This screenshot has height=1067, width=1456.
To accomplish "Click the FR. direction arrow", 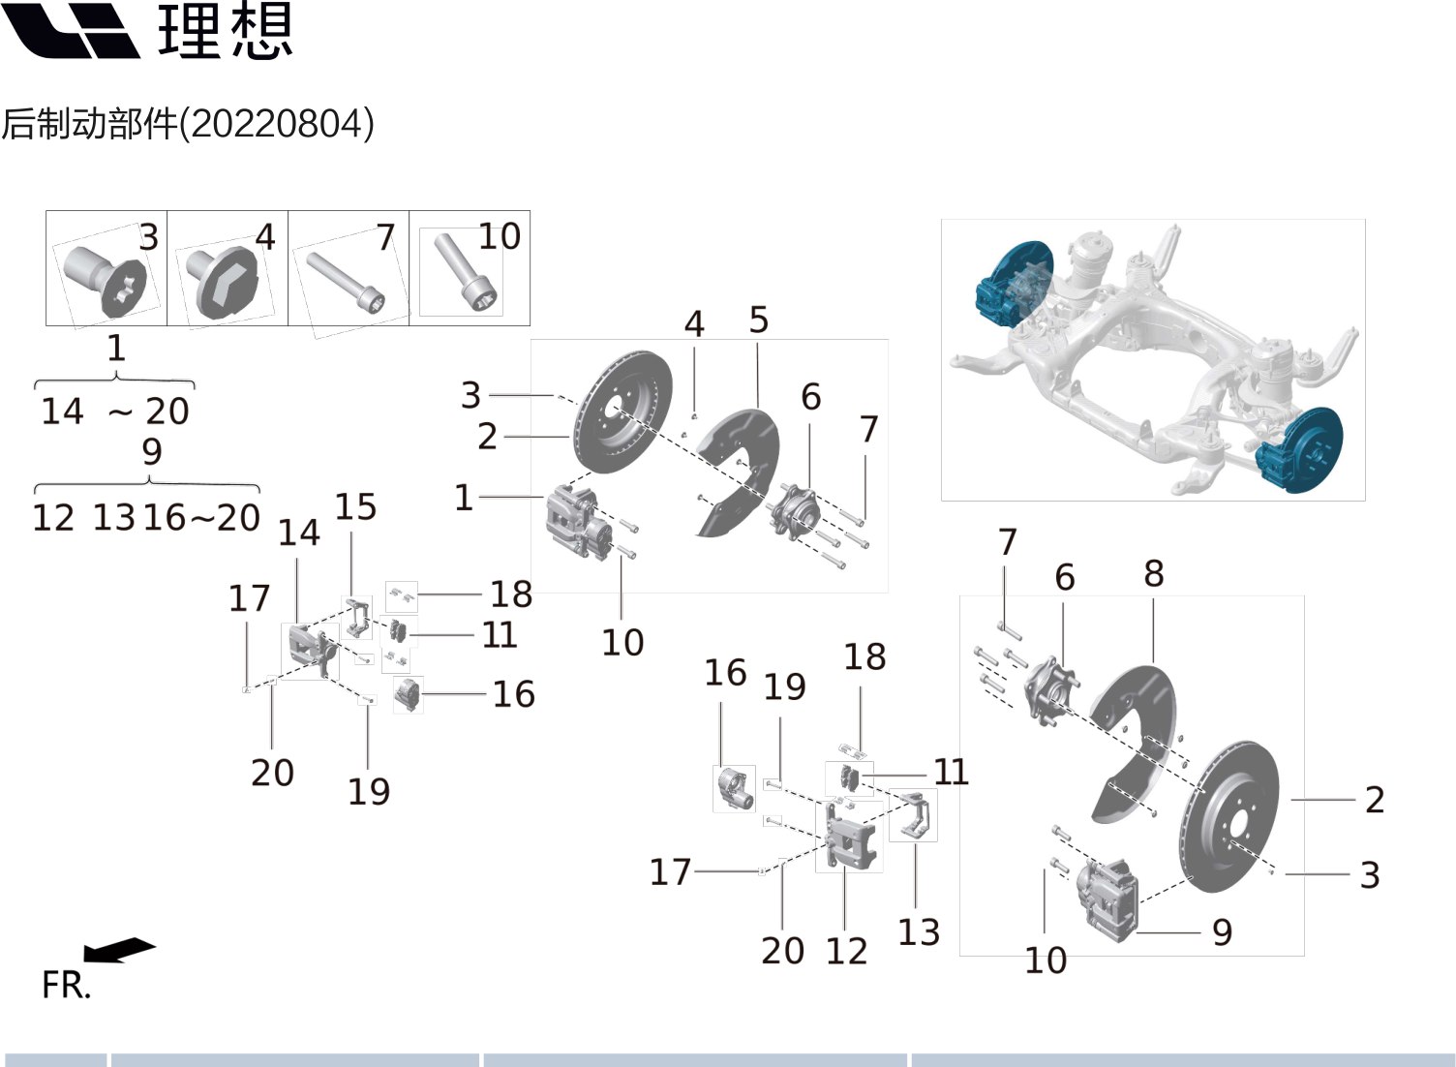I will coord(118,950).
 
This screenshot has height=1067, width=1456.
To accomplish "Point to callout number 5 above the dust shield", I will coord(758,320).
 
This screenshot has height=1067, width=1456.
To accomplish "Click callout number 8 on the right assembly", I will coord(1153,574).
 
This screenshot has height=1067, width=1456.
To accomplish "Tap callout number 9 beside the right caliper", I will coord(1222,932).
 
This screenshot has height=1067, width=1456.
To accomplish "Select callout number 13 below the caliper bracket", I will coord(919,932).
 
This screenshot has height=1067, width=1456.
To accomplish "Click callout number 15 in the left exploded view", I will coord(355,507).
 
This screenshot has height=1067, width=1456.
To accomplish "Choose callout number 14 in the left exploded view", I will coord(298,533).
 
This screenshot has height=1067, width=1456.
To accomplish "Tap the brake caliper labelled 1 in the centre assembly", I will coord(577,523).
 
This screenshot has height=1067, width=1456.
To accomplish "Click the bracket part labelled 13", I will coord(913,816).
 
